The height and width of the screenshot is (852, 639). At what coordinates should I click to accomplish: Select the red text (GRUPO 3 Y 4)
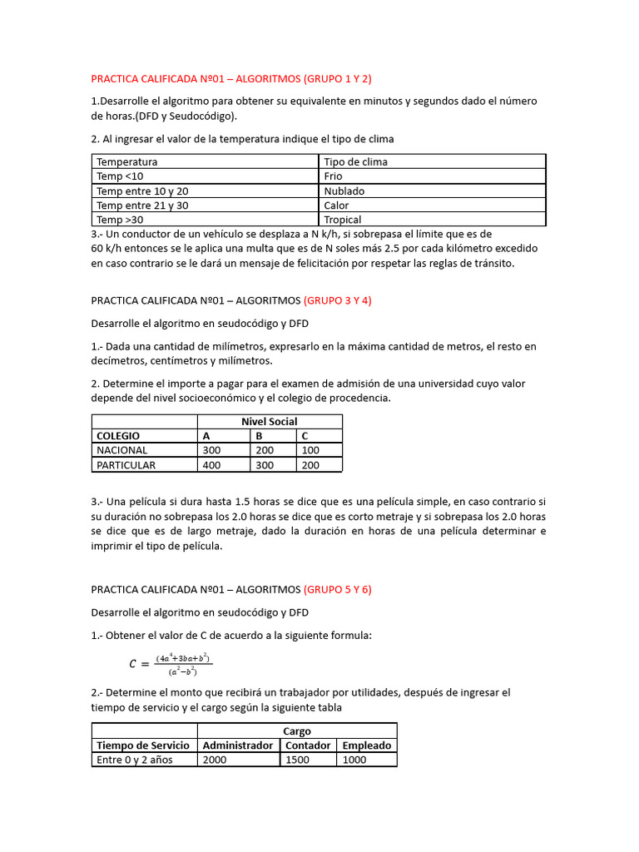point(337,301)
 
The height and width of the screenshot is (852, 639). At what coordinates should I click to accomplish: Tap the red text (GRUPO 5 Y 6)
point(337,589)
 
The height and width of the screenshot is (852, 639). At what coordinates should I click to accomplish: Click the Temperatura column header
point(126,161)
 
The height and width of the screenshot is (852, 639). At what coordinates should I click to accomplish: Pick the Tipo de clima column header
point(355,161)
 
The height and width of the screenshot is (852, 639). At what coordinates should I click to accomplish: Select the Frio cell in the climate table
point(333,176)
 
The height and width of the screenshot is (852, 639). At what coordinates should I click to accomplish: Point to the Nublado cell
point(344,191)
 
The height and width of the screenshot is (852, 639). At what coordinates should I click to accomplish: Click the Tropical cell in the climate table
point(342,220)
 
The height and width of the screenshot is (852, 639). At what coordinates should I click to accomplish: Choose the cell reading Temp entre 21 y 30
point(142,206)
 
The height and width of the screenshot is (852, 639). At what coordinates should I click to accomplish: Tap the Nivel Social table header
point(269,422)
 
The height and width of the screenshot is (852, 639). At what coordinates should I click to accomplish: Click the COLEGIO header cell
point(118,436)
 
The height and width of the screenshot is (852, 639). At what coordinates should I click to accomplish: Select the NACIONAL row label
point(121,450)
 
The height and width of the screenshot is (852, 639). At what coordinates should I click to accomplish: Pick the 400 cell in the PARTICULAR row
point(211,465)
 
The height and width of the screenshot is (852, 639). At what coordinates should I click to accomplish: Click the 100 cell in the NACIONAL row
point(310,450)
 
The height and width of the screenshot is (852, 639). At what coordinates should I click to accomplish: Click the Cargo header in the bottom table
point(297,731)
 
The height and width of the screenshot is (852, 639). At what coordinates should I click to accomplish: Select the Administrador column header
point(237,745)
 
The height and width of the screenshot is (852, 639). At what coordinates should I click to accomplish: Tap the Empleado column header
point(366,745)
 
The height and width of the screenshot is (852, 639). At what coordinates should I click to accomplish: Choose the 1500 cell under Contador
point(297,760)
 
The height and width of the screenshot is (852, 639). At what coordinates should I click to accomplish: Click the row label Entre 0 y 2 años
point(135,760)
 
